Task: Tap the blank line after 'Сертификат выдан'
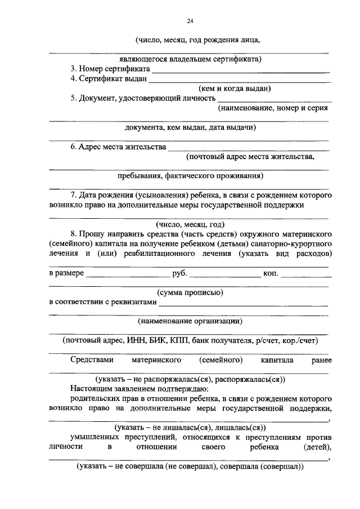point(239,82)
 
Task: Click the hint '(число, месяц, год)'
point(190,224)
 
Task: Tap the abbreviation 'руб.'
point(179,273)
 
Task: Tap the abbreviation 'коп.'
point(271,273)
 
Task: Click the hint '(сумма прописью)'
point(190,292)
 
